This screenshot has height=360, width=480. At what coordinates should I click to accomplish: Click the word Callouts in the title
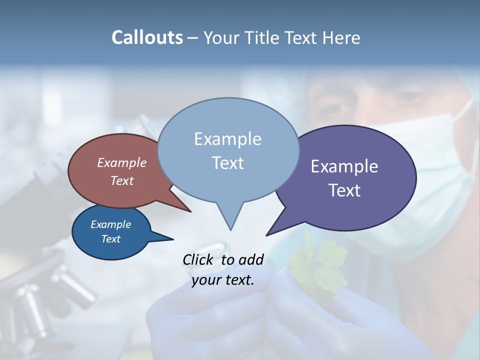[x=147, y=38]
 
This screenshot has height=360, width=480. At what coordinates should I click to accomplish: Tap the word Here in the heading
[x=341, y=38]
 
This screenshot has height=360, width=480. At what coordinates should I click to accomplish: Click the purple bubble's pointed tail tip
[x=266, y=235]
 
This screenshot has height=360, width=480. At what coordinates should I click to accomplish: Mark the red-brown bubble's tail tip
[x=190, y=211]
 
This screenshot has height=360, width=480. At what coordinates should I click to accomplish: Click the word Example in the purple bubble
[x=344, y=166]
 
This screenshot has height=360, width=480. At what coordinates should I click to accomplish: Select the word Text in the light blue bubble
[x=228, y=163]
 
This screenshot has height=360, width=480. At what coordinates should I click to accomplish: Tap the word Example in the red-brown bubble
[x=122, y=163]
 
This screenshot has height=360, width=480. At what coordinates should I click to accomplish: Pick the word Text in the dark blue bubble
[x=111, y=239]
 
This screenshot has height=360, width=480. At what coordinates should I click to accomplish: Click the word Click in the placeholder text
[x=199, y=259]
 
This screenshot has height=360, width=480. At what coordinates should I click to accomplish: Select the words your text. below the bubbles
[x=223, y=280]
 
